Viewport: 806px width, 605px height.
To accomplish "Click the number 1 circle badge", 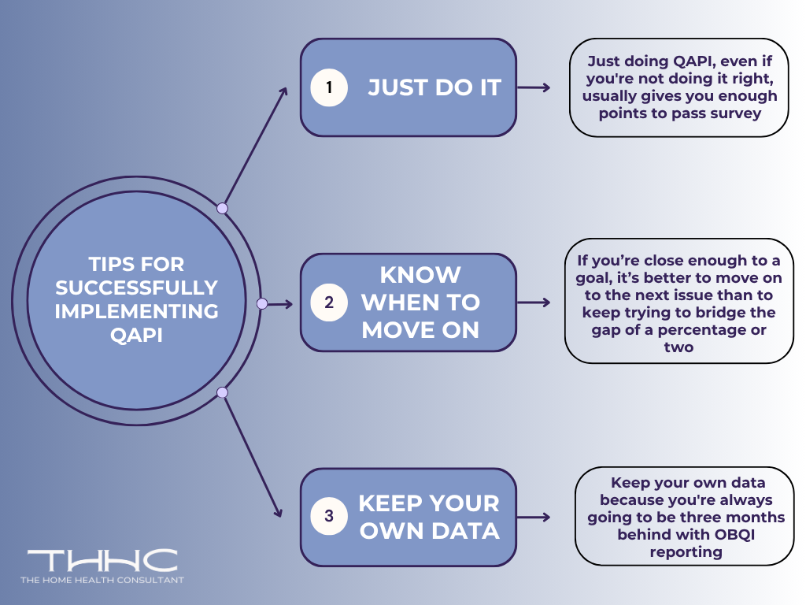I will (329, 87).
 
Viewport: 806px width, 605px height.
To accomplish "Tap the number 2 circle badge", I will (329, 302).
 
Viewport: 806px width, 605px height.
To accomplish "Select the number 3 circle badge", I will (329, 517).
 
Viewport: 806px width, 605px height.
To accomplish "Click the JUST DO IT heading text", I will (434, 87).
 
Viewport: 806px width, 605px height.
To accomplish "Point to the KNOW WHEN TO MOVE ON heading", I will (420, 302).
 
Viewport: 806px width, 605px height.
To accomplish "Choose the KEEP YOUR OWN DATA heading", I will (429, 517).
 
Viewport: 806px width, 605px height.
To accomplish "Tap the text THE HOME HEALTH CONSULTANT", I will (102, 581).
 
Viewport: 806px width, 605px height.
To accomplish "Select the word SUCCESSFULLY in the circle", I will (136, 288).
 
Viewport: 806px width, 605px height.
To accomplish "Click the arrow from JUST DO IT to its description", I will (534, 87).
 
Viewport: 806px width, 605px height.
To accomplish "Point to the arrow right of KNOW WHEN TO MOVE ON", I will (534, 302).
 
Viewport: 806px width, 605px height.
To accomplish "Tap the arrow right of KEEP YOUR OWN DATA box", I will (534, 518).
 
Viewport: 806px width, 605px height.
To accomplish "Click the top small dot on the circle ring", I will (222, 208).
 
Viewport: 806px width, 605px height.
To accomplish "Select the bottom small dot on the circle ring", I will (222, 392).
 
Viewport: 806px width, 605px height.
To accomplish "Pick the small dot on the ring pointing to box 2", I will (262, 303).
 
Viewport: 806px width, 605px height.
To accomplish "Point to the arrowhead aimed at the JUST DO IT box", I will (284, 91).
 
